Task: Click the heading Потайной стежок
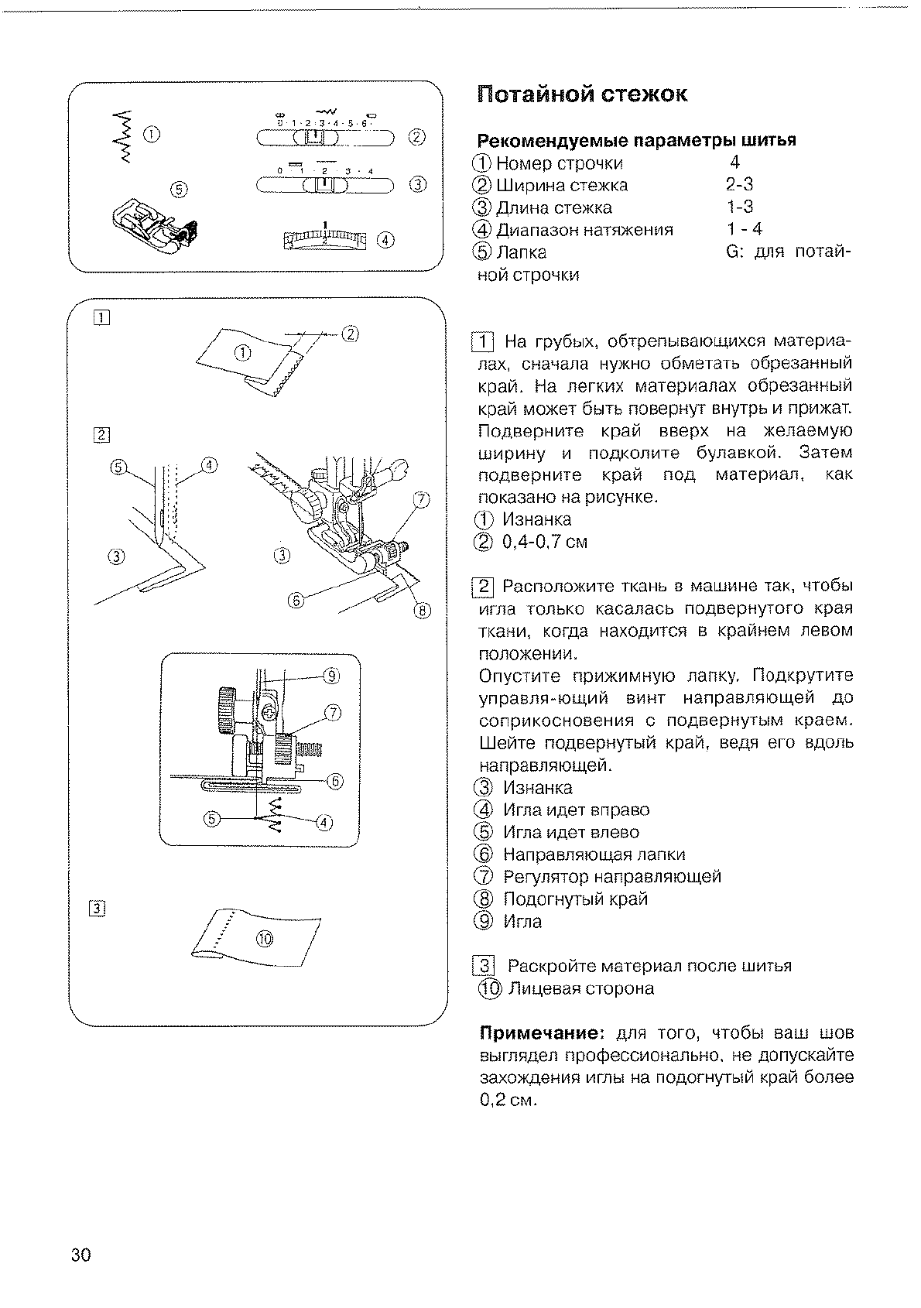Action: pos(581,95)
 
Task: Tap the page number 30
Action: pos(80,1255)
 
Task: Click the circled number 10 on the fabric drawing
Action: pos(265,939)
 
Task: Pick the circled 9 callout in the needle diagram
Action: pos(331,676)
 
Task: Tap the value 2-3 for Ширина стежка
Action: pos(739,185)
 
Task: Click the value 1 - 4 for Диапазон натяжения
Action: pos(745,229)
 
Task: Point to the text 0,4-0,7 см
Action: pos(545,542)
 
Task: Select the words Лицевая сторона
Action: pos(580,988)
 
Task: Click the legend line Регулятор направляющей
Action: pos(611,877)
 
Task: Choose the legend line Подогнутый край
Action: pos(575,899)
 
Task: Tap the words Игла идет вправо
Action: pos(576,810)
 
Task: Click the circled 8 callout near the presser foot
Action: pos(422,611)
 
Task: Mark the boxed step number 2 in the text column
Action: pos(482,586)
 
